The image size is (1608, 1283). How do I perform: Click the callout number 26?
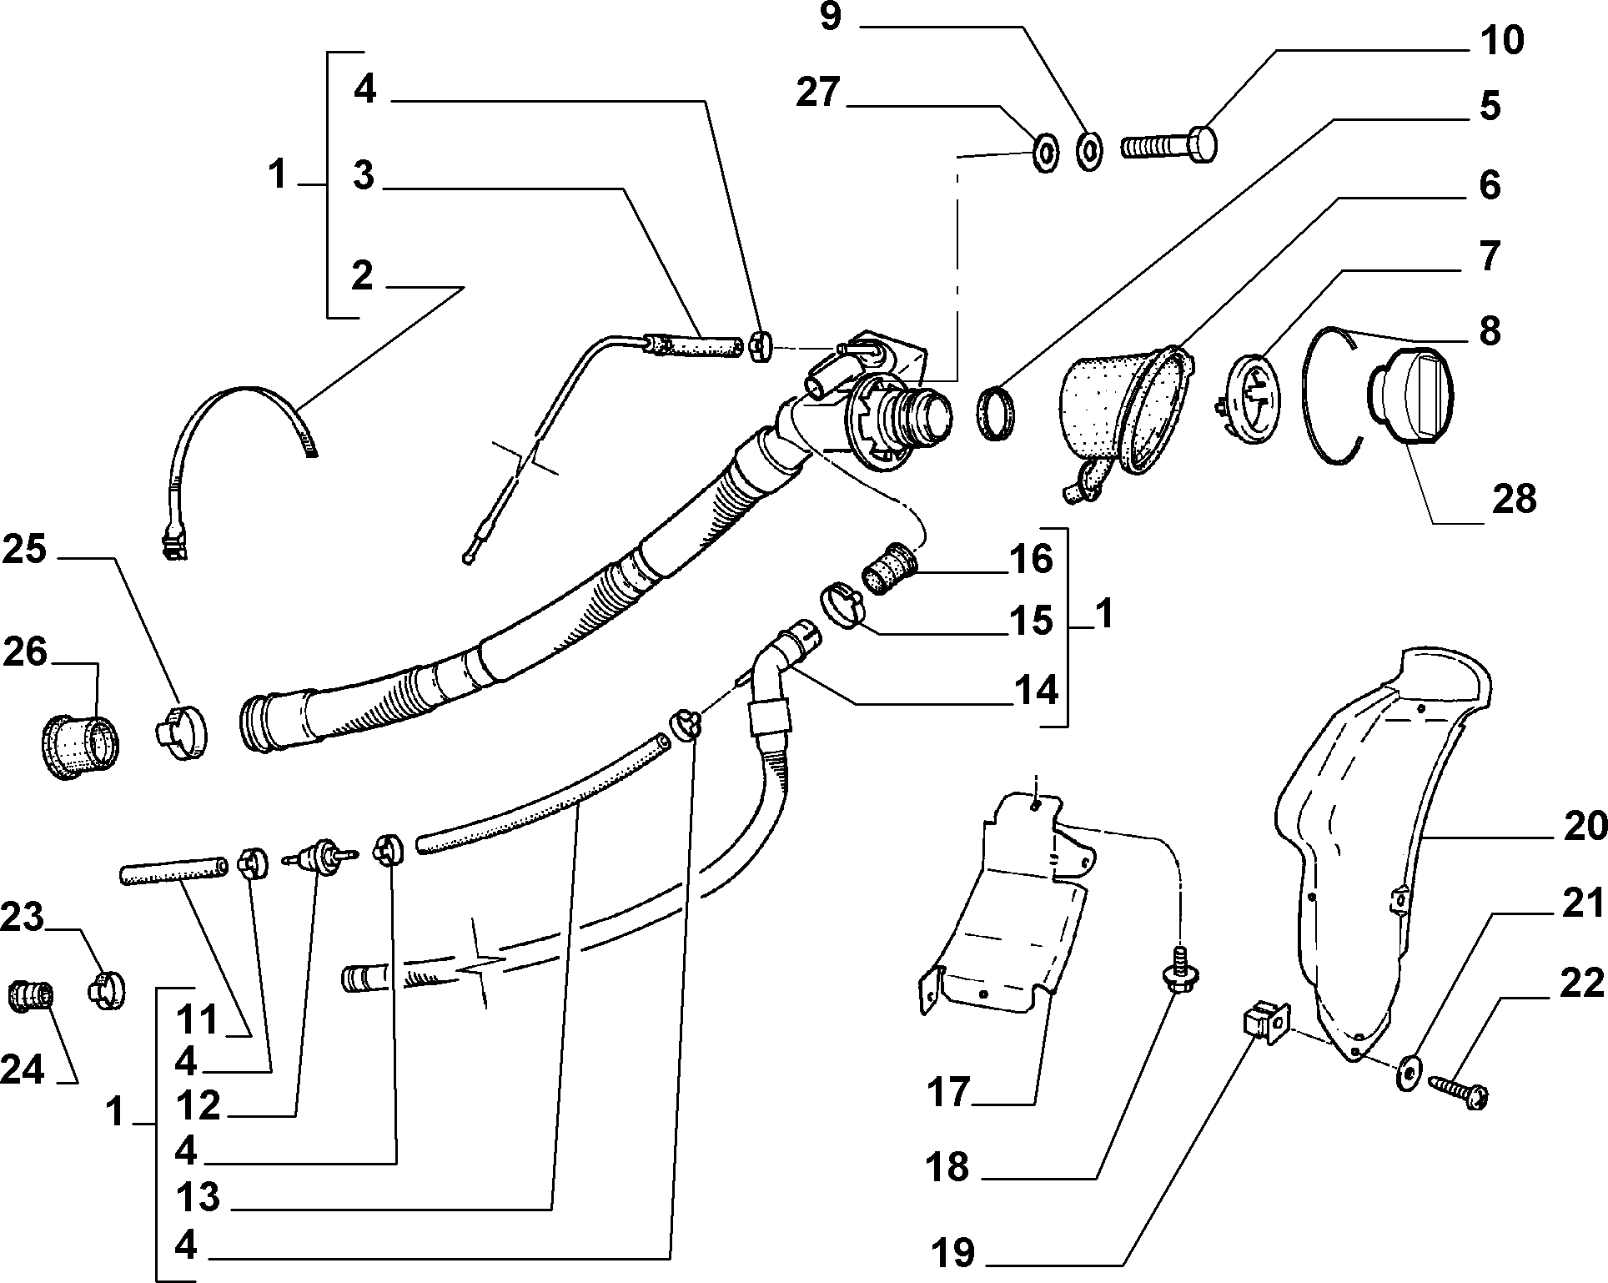(24, 652)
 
